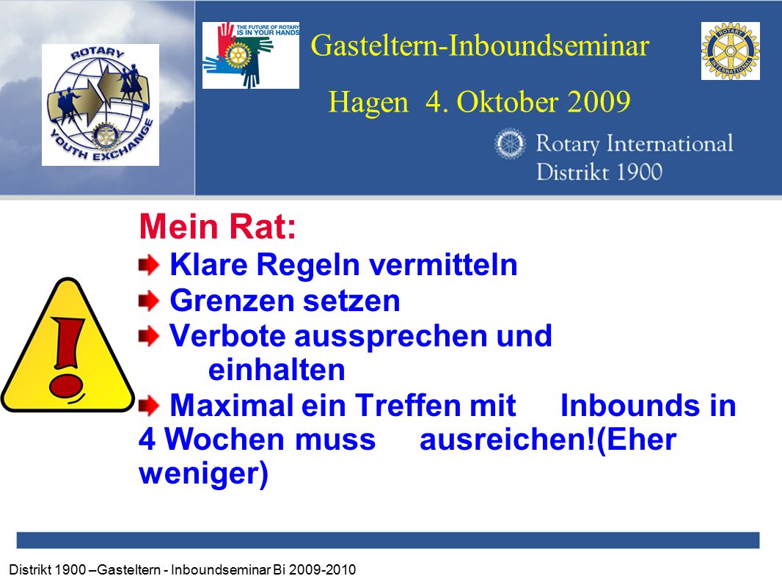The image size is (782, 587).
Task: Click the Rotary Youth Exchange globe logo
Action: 101,105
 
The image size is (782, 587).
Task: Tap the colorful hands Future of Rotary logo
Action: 250,55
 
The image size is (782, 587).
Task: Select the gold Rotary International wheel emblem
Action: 730,51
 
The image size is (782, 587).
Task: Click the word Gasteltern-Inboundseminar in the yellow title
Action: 480,45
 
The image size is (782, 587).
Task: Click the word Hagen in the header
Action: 368,103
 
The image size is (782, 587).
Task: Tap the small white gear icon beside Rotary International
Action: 510,144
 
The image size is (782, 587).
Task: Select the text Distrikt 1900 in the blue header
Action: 599,172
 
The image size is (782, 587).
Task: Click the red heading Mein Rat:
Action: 217,227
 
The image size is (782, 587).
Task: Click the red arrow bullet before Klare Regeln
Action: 149,265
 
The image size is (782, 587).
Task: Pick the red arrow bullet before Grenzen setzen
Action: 149,302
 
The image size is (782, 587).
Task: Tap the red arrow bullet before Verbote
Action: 149,336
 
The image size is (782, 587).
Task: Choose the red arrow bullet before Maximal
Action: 149,406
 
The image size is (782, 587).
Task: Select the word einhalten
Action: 277,370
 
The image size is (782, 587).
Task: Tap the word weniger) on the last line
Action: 203,474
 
